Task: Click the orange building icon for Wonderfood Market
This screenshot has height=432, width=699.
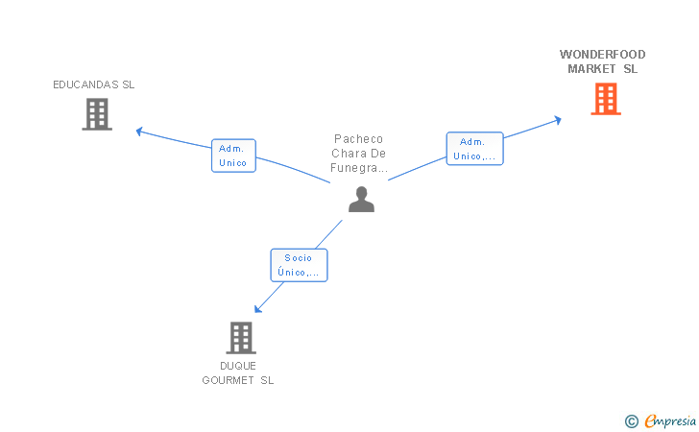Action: tap(606, 99)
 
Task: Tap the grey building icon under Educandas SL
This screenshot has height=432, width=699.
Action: tap(97, 114)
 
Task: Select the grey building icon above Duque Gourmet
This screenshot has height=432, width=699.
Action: tap(241, 338)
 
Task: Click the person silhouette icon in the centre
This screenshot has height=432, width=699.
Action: tap(362, 200)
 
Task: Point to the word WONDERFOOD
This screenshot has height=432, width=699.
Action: tap(602, 55)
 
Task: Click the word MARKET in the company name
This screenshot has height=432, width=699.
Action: tap(591, 69)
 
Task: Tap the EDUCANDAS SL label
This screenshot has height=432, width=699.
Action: tap(94, 84)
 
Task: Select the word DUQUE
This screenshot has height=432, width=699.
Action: tap(238, 366)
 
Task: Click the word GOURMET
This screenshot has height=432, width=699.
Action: tap(228, 380)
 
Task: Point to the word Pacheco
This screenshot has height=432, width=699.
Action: tap(358, 139)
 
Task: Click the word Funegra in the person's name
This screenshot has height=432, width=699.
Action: tap(354, 168)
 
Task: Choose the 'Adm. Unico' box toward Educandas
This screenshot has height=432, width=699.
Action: tap(233, 156)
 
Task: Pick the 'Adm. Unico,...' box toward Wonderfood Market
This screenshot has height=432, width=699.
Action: tap(474, 149)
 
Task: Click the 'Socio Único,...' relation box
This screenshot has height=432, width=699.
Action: tap(300, 265)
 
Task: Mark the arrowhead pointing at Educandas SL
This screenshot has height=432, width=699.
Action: tap(139, 132)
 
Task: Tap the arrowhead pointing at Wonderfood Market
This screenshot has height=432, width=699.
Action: tap(558, 120)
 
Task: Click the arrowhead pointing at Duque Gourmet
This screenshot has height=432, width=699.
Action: tap(257, 309)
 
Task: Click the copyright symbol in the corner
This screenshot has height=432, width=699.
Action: tap(631, 421)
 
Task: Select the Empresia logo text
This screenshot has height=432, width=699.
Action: tap(670, 420)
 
